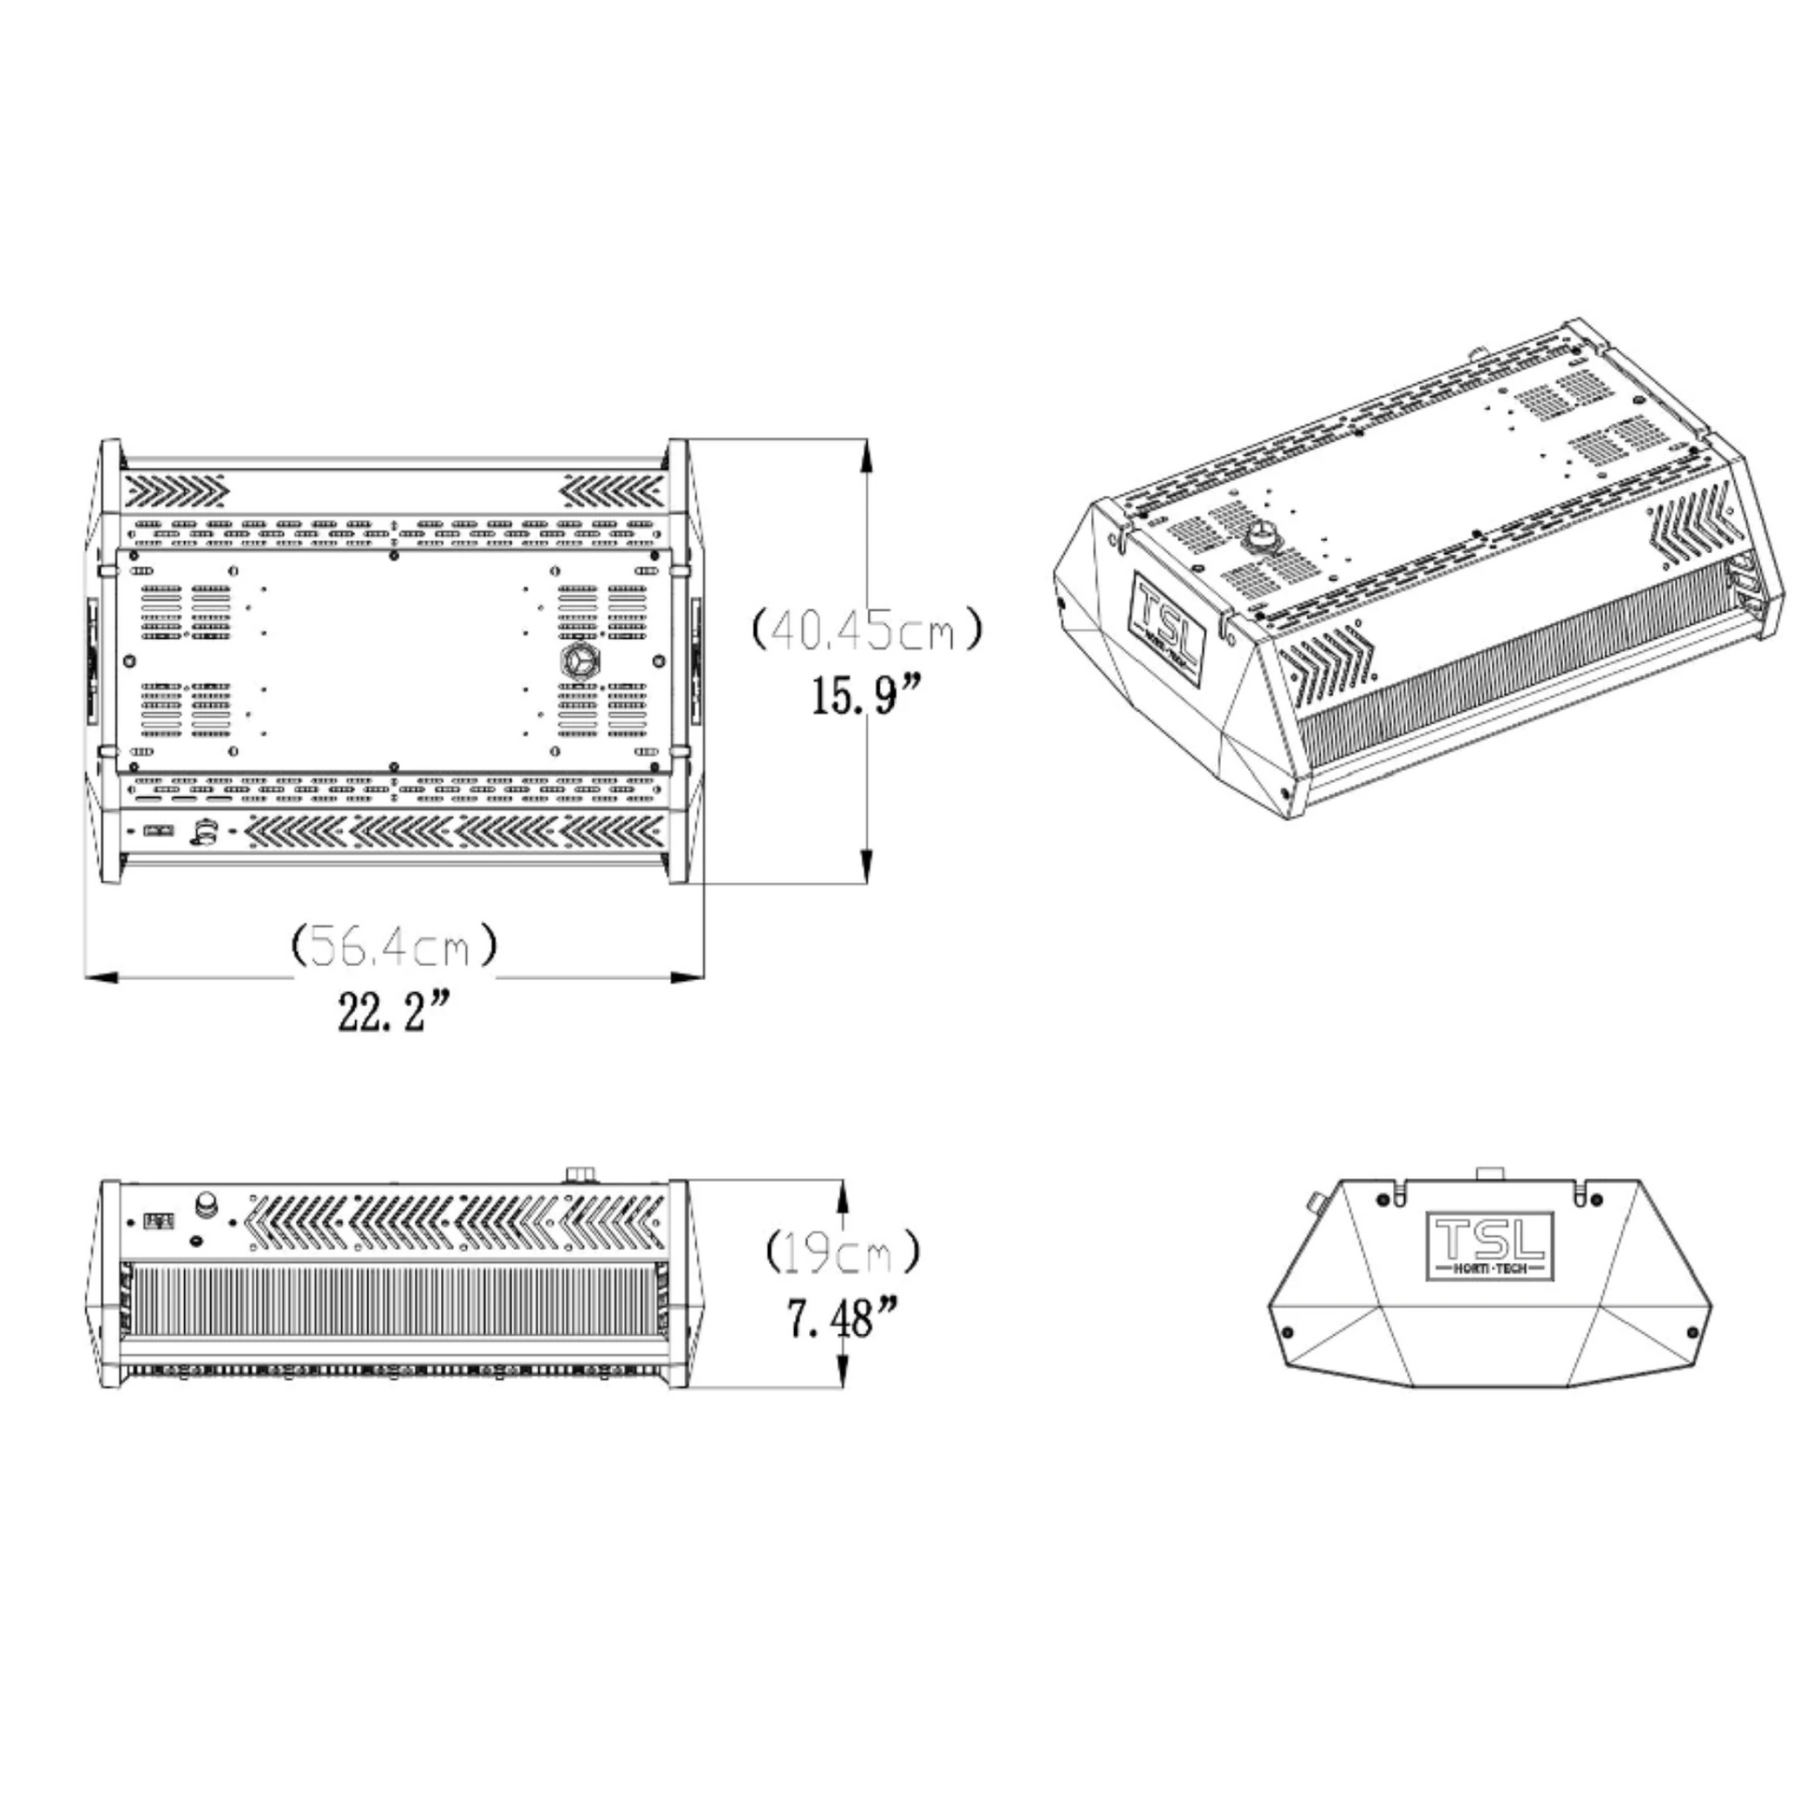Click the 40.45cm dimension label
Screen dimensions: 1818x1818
(x=867, y=631)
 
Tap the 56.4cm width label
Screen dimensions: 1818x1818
(x=394, y=945)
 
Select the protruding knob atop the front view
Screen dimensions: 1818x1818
(x=581, y=1173)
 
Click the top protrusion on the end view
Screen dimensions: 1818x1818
(x=1489, y=1172)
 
